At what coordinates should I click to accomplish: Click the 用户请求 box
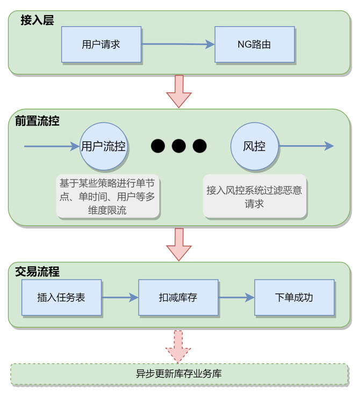click(101, 45)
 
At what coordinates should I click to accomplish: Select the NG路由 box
click(254, 45)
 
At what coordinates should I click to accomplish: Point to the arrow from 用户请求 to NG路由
click(178, 45)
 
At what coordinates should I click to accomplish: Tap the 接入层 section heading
click(37, 20)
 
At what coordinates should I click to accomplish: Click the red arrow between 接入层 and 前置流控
click(178, 91)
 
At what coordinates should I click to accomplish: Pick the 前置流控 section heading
click(37, 121)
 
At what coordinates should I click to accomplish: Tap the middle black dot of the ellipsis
click(179, 145)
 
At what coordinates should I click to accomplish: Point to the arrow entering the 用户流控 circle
click(52, 146)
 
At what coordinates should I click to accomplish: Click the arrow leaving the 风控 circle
click(306, 146)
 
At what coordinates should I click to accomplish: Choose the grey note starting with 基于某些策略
click(107, 196)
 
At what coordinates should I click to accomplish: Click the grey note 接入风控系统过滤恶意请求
click(255, 196)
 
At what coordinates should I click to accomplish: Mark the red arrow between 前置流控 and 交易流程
click(178, 244)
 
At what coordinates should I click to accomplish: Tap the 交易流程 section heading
click(37, 272)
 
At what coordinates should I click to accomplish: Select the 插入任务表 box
click(61, 297)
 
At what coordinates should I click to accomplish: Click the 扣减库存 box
click(178, 297)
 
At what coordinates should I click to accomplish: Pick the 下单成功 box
click(294, 297)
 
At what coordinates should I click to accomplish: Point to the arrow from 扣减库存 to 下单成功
click(236, 297)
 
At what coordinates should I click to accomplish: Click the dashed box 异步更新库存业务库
click(179, 374)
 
